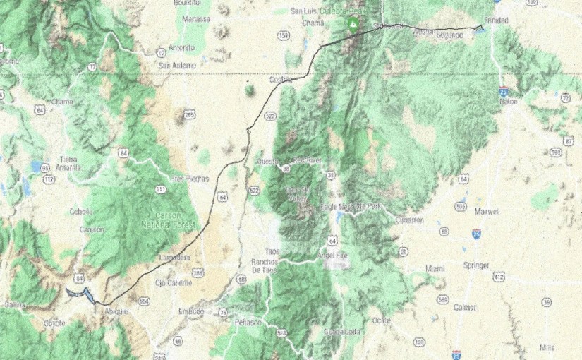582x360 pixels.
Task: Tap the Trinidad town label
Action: [x=497, y=20]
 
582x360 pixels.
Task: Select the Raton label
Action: [x=508, y=101]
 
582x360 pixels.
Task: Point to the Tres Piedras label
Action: [x=190, y=179]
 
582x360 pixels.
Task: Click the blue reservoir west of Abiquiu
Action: [x=79, y=294]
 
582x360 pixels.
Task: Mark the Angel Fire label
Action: [x=334, y=255]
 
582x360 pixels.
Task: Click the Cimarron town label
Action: [x=410, y=220]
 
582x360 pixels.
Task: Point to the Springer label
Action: [x=477, y=265]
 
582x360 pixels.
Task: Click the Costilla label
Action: [x=281, y=80]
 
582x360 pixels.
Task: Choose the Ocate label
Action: [x=381, y=320]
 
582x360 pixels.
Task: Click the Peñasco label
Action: [x=248, y=322]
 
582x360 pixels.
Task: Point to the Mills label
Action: [x=546, y=347]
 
